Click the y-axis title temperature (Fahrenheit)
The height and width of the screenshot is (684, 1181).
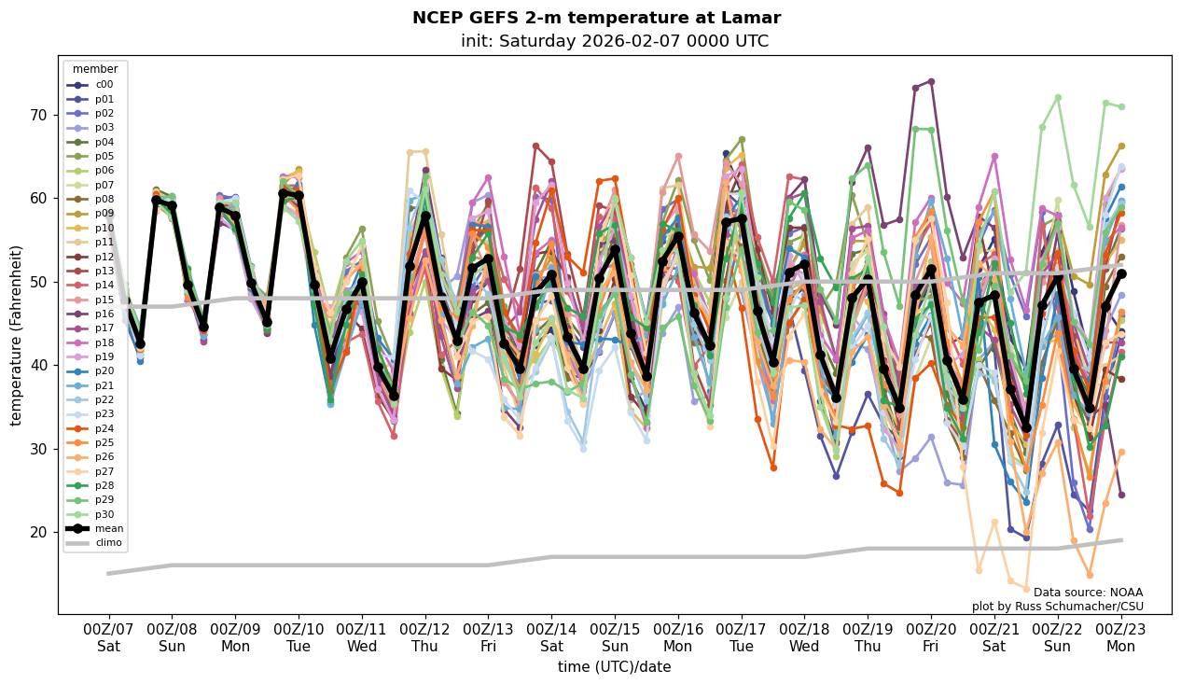tap(17, 335)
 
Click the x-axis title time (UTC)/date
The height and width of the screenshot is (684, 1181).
tap(614, 667)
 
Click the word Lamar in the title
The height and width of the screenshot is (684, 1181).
tap(752, 18)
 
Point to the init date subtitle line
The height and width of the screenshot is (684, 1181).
tap(614, 41)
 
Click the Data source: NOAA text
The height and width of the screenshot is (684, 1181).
tap(1088, 593)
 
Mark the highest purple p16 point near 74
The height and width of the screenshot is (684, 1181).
tap(931, 82)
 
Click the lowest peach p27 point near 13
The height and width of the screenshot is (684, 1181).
tap(1026, 589)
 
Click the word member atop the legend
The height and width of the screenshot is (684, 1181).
tap(95, 69)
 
